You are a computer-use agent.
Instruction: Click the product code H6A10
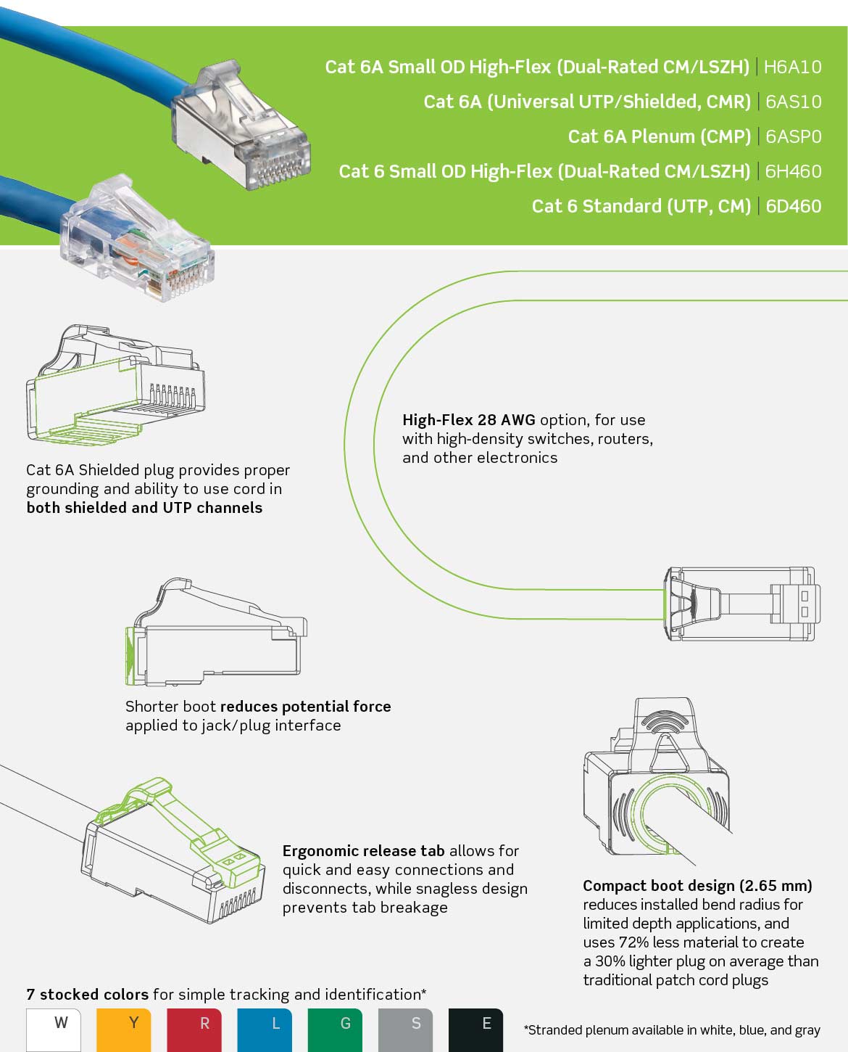pos(792,67)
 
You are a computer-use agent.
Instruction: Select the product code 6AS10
pos(793,102)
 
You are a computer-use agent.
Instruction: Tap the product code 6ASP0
pos(793,136)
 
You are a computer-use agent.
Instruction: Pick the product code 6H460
pos(793,171)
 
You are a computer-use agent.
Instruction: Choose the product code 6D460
pos(793,206)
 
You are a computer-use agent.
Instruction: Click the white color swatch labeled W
pos(54,1029)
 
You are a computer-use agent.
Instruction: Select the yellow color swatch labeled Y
pos(123,1029)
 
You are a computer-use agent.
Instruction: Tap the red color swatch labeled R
pos(194,1029)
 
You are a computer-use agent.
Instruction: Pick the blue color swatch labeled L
pos(265,1029)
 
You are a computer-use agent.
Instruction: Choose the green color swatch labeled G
pos(335,1029)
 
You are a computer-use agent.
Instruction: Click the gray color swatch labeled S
pos(405,1029)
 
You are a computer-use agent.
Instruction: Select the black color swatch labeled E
pos(475,1029)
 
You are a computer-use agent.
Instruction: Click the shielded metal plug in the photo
pos(243,131)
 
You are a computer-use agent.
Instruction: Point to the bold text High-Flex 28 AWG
pos(468,420)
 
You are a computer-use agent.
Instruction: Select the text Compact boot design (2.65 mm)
pos(697,886)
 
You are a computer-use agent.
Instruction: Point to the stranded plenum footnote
pos(672,1030)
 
